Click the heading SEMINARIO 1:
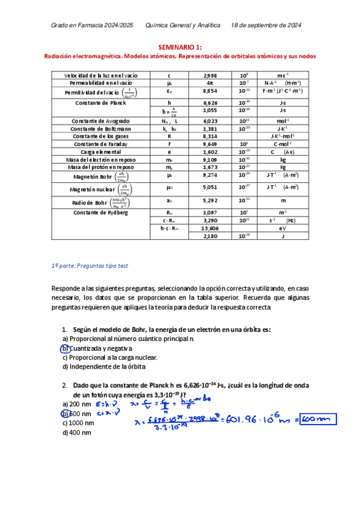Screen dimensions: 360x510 (180, 46)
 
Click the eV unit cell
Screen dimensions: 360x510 (282, 229)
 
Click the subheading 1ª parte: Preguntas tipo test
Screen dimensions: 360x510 (90, 265)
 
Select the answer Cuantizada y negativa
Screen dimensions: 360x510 (100, 348)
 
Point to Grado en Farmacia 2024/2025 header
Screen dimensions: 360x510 (92, 25)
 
